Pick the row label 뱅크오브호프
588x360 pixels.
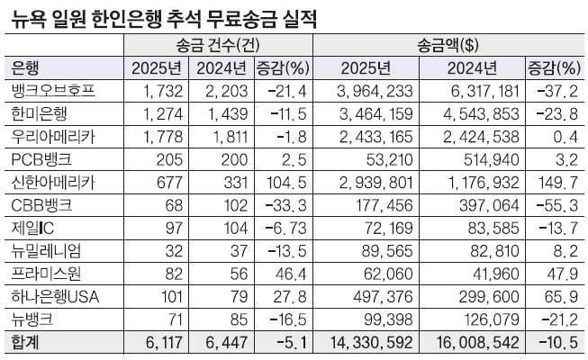coord(53,91)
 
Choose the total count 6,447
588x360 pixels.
coord(225,344)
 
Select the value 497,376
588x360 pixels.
coord(384,298)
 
